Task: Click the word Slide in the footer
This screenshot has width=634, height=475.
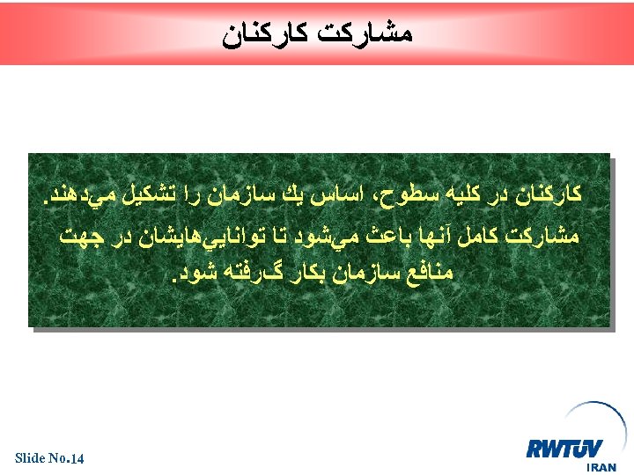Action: point(30,458)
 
